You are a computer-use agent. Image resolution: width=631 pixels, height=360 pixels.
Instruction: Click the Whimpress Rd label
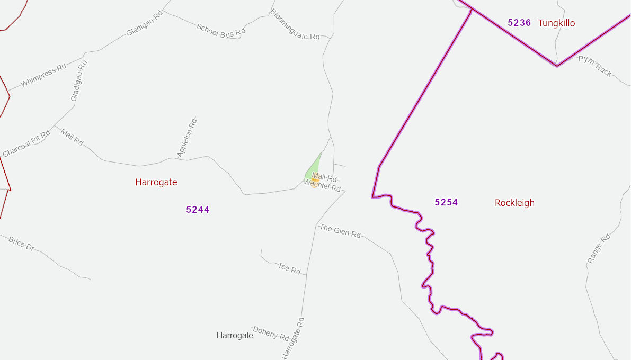click(x=43, y=75)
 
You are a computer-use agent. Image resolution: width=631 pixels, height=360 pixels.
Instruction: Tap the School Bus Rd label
click(x=221, y=30)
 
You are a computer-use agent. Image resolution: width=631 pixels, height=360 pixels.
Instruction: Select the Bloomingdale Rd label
click(x=295, y=24)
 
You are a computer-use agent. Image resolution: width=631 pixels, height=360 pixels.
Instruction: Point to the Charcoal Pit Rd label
click(x=26, y=143)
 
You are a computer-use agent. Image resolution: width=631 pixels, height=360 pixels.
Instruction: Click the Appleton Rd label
click(x=187, y=137)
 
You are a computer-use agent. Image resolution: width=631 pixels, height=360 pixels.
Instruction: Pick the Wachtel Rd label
click(x=322, y=185)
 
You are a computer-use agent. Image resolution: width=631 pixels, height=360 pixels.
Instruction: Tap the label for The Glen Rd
click(x=340, y=231)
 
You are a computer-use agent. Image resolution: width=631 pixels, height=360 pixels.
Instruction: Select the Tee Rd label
click(x=289, y=268)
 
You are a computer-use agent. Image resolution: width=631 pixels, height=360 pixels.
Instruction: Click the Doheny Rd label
click(x=271, y=334)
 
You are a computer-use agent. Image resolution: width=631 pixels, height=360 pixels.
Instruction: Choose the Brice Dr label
click(x=21, y=244)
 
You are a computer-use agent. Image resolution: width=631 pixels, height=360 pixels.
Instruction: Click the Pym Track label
click(x=595, y=66)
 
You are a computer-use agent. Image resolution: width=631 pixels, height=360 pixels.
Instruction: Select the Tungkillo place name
click(x=556, y=23)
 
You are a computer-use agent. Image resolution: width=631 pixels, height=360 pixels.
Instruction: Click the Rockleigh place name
click(x=514, y=203)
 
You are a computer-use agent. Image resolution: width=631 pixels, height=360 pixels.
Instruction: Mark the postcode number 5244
click(x=198, y=210)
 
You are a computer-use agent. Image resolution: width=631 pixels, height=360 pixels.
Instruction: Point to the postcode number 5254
click(x=446, y=202)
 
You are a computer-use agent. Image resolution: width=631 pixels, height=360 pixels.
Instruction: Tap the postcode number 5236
click(x=519, y=23)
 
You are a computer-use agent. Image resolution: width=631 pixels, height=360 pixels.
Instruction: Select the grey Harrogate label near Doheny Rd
click(x=235, y=335)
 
